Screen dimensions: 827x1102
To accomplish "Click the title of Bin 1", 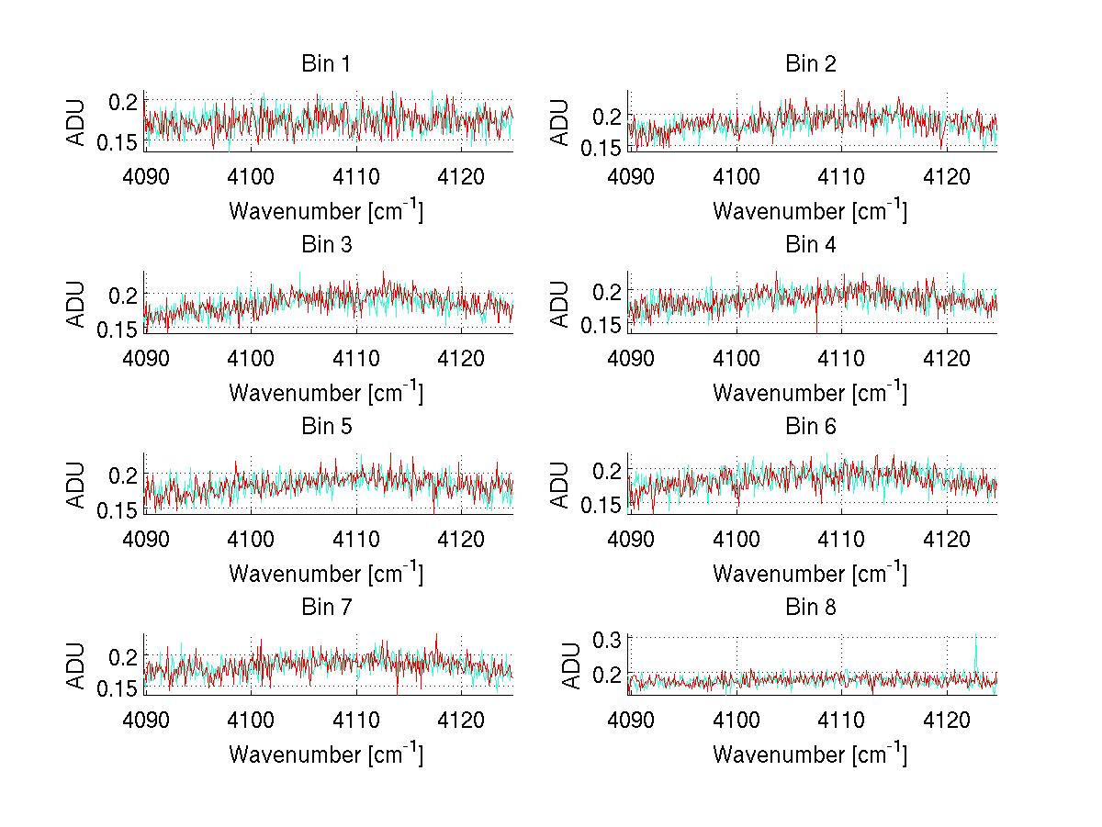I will point(325,64).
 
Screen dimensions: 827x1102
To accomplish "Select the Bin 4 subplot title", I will point(810,245).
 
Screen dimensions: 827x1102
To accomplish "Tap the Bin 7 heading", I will point(325,607).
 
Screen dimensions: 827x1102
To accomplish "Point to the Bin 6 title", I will point(810,426).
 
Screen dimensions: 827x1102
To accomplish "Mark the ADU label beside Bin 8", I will point(570,665).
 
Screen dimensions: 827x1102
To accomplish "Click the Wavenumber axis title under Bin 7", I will point(325,754).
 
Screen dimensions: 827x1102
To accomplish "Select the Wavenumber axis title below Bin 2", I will point(810,211).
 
